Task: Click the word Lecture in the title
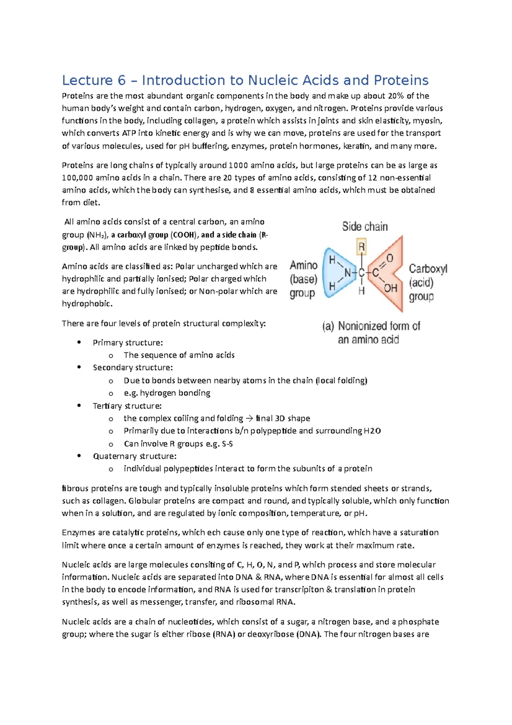[87, 80]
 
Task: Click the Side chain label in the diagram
[365, 226]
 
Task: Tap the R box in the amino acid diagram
[361, 247]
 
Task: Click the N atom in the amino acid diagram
[348, 273]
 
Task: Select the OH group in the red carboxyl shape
[390, 288]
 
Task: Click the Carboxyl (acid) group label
[427, 282]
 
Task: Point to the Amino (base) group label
[303, 279]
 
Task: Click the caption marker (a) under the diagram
[328, 327]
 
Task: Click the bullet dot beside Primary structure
[79, 342]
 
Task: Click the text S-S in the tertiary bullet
[227, 444]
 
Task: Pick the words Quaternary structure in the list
[134, 456]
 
